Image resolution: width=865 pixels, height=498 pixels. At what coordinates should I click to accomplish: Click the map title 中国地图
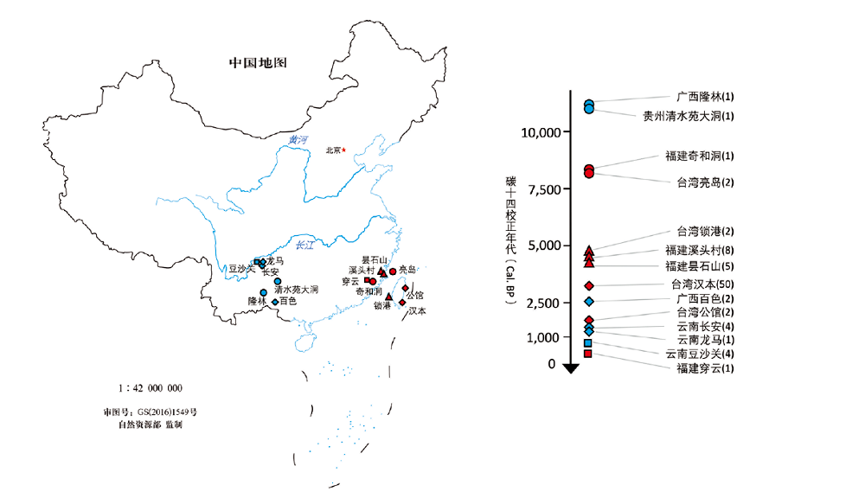(257, 64)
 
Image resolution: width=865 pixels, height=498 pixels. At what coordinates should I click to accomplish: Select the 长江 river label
(304, 246)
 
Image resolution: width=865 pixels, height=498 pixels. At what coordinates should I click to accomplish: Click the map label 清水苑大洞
(296, 290)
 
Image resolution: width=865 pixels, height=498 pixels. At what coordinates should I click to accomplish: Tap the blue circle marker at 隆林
(263, 292)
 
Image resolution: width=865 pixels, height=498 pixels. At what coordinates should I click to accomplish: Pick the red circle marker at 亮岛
(393, 271)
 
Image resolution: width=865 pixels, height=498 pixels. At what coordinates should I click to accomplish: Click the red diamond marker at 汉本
(402, 302)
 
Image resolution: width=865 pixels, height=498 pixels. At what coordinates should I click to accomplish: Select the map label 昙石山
(375, 260)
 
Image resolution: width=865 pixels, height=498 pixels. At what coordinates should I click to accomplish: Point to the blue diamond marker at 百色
(275, 302)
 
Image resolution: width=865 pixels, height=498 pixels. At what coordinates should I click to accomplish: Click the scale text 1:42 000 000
(150, 388)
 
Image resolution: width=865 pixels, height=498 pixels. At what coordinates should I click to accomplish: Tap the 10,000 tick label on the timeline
(541, 132)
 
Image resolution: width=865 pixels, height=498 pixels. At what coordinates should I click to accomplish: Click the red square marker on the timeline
(588, 354)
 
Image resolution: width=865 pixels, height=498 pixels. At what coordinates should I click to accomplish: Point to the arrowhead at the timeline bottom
(570, 368)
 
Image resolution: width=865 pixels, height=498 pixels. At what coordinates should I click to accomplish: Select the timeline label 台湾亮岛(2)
(705, 182)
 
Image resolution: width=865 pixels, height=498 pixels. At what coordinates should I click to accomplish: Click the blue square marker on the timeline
(588, 343)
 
